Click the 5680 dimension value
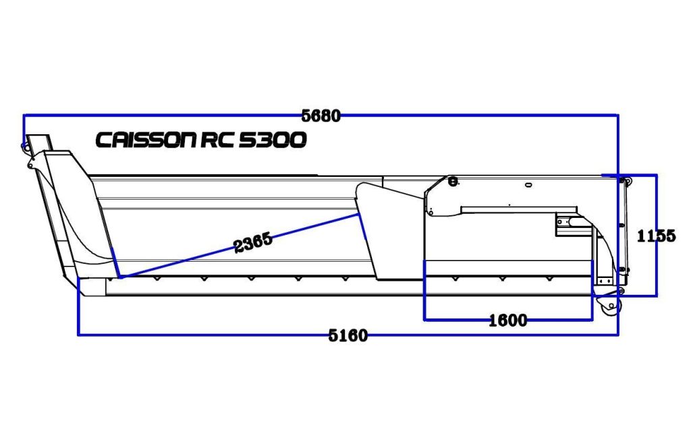click(x=321, y=115)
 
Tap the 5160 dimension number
click(x=348, y=335)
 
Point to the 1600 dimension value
click(x=507, y=320)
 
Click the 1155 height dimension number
click(x=656, y=236)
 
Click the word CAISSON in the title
click(x=145, y=140)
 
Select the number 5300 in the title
click(x=273, y=140)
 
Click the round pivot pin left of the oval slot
click(x=453, y=180)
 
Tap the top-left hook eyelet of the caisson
click(x=27, y=146)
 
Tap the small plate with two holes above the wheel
click(x=603, y=279)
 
